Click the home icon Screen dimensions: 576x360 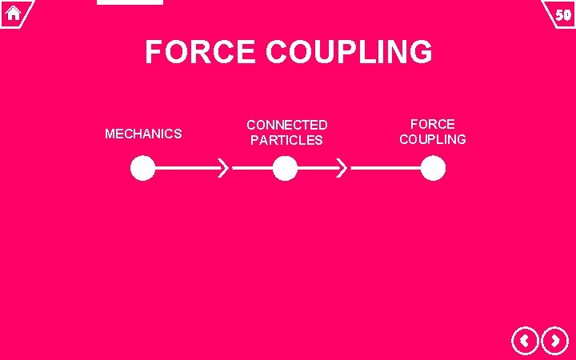14,13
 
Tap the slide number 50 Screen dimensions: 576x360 562,14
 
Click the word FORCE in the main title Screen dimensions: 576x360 201,53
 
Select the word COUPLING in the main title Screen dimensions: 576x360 349,53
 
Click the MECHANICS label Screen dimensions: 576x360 143,134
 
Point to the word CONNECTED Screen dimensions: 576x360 286,125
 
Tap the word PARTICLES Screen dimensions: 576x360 286,140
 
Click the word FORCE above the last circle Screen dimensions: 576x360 432,124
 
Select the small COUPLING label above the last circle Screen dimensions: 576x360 432,139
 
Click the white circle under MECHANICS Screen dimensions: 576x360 142,169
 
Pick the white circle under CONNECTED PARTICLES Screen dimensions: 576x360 285,169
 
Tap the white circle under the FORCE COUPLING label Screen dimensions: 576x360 433,169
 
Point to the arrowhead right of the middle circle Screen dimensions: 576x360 342,169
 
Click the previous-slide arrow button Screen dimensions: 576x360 525,342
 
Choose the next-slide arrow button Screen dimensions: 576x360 554,342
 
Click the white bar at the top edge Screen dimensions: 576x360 130,2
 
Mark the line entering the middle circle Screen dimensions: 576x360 251,169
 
